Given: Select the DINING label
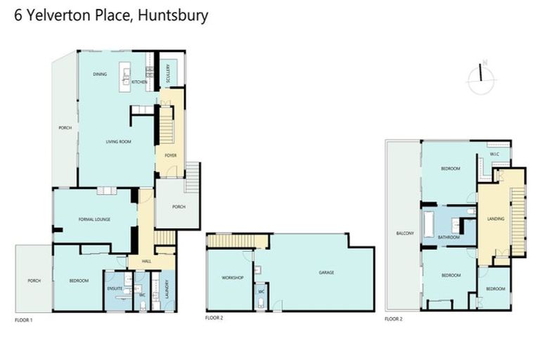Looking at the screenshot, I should coord(100,74).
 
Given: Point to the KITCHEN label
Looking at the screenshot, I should coord(139,82).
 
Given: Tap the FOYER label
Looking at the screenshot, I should coord(169,155).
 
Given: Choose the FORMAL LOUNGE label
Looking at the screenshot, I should coord(94,220).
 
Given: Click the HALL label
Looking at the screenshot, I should coord(146,261).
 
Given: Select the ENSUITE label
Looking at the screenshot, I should coord(115,288).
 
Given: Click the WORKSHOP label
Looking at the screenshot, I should coord(232,278).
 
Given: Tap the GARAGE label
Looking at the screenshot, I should coord(326,272).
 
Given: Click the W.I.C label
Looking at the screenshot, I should coord(494,157).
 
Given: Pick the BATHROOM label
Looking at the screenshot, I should coord(449,237).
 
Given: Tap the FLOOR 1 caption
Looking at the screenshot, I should coord(24,319).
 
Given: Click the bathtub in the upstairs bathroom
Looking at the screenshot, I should coord(428,226).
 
